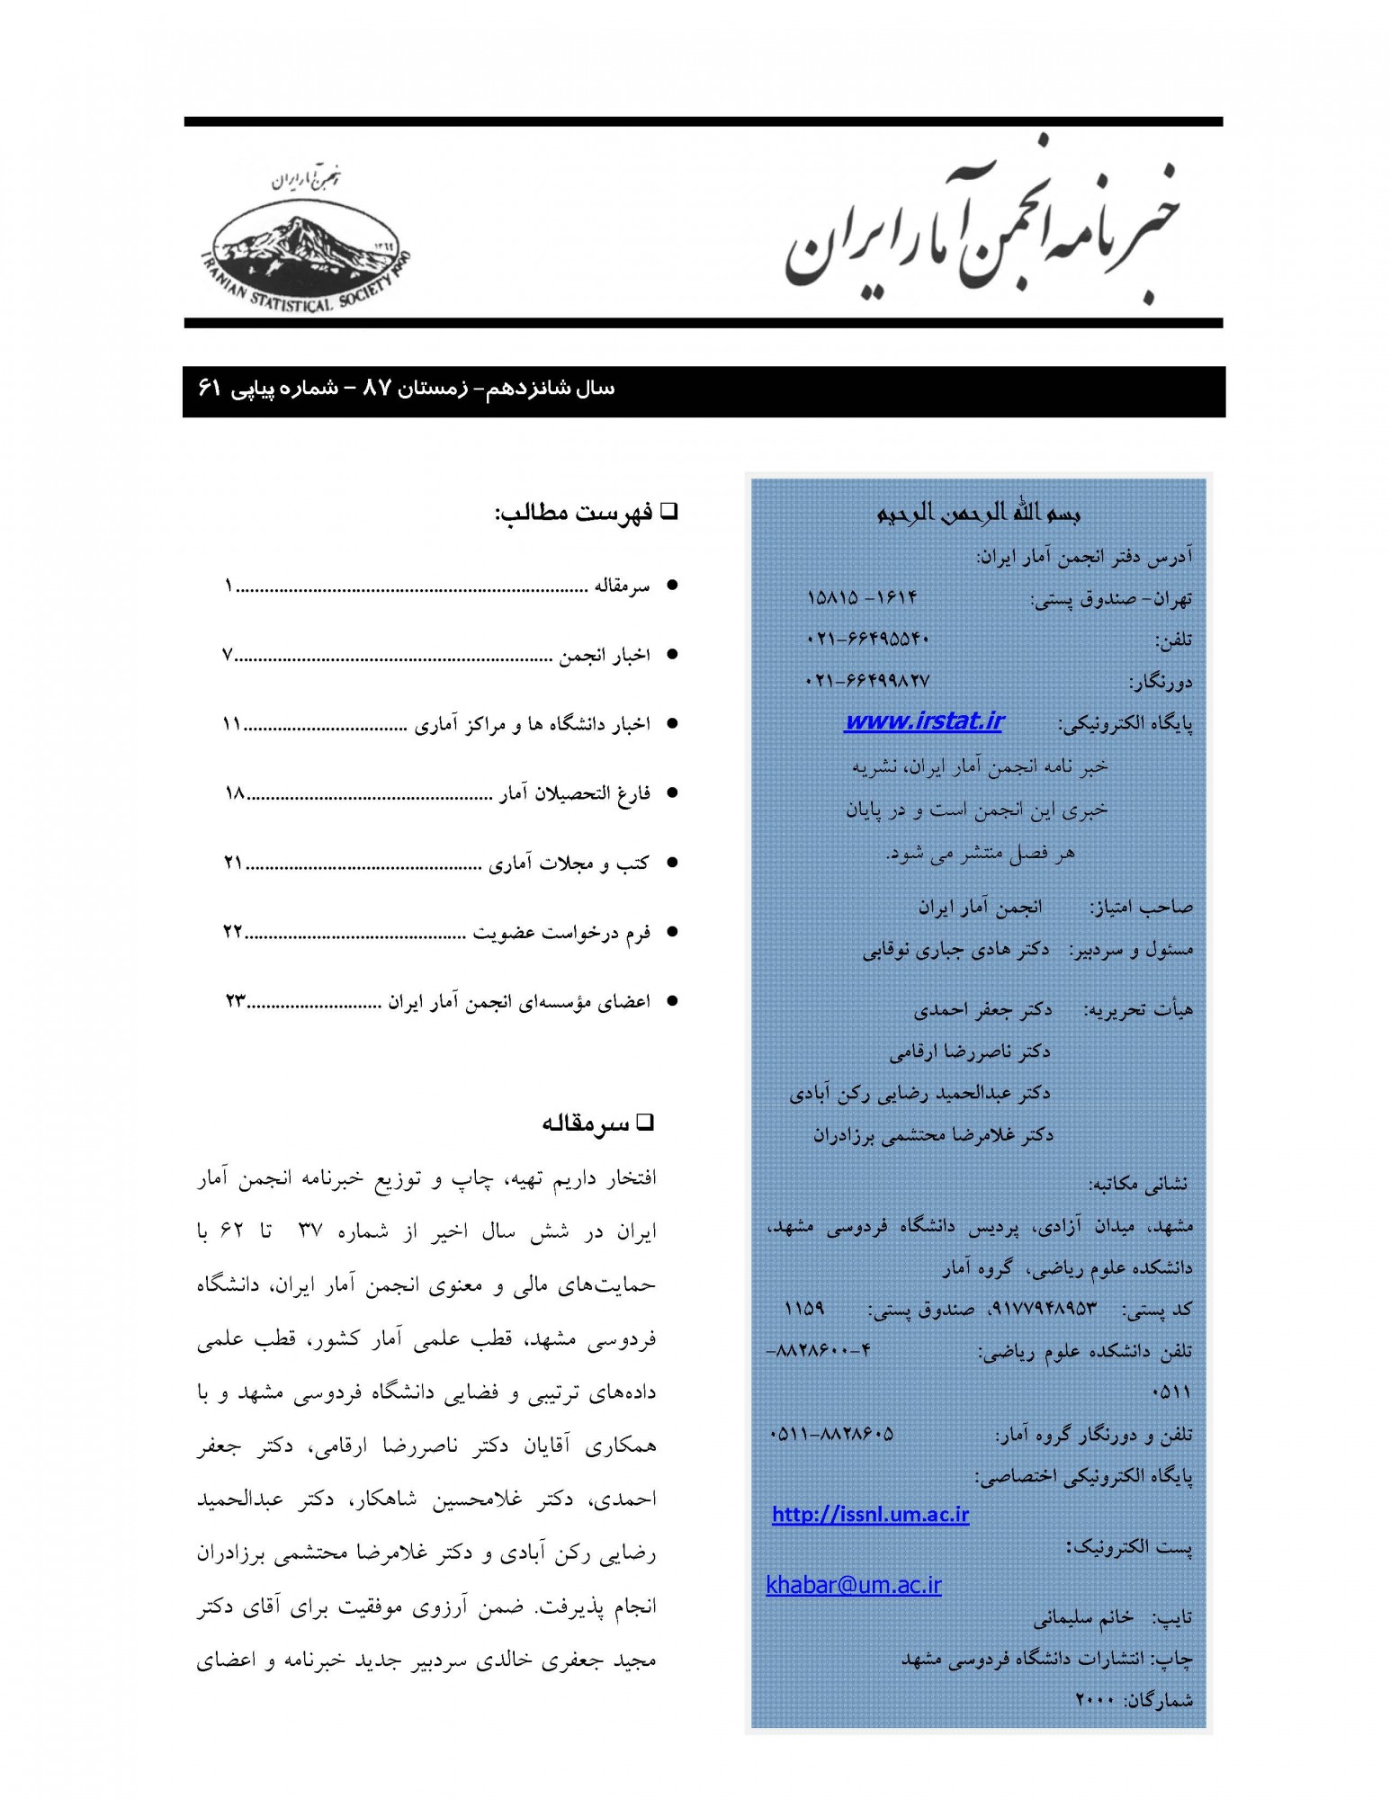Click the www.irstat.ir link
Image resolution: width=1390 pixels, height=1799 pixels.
(x=923, y=721)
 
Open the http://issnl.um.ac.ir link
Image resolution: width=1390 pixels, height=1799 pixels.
(x=870, y=1515)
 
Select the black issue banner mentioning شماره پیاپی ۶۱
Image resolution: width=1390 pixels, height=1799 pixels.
(x=703, y=391)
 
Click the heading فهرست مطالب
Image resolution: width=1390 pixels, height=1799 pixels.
(x=573, y=514)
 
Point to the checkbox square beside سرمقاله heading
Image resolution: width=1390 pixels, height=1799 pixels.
(x=645, y=1122)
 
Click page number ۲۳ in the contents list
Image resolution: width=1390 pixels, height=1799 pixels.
(x=236, y=1001)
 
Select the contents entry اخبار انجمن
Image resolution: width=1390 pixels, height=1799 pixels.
(x=604, y=656)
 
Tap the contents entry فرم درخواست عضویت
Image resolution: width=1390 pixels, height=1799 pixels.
(x=561, y=933)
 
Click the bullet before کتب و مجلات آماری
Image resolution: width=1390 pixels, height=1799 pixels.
(x=671, y=863)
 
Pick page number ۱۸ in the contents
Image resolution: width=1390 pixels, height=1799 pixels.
(x=235, y=793)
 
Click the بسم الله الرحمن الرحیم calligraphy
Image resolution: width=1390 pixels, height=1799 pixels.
(x=978, y=514)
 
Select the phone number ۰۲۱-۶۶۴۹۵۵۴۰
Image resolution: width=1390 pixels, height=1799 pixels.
(x=867, y=639)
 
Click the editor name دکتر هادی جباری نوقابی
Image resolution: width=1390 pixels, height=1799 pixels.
(x=955, y=951)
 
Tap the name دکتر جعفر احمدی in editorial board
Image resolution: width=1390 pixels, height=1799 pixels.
(x=982, y=1010)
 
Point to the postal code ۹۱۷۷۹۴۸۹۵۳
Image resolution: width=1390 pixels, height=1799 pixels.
(x=1044, y=1309)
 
